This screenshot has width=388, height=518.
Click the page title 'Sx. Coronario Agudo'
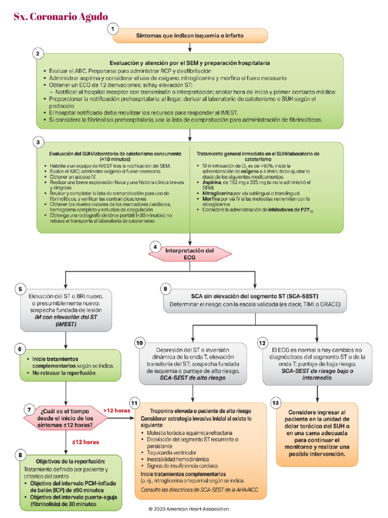click(x=61, y=17)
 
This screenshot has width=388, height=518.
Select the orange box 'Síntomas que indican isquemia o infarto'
click(x=189, y=36)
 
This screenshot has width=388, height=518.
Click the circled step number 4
click(x=155, y=247)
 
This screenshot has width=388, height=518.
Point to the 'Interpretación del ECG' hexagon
click(x=190, y=253)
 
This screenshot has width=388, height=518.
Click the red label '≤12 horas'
click(x=85, y=442)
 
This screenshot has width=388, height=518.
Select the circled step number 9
click(x=165, y=289)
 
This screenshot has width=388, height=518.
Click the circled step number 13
click(x=275, y=403)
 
